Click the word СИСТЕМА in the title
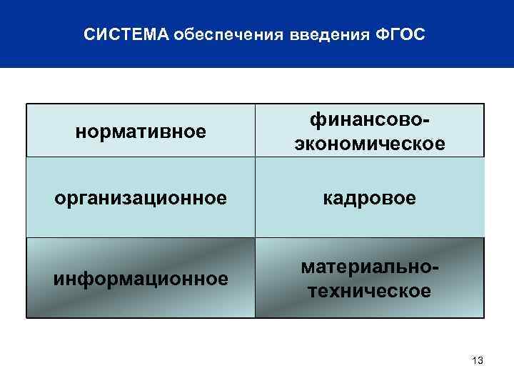[x=126, y=35]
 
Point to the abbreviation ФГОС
[x=399, y=35]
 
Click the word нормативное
[x=141, y=132]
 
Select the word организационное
[x=141, y=197]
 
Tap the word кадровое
[x=369, y=197]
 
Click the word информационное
[x=141, y=277]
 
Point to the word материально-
[x=369, y=266]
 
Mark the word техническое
[x=369, y=290]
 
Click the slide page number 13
[x=478, y=361]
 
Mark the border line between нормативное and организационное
[x=141, y=157]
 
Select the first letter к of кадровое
[x=327, y=199]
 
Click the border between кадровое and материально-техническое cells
[x=369, y=237]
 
